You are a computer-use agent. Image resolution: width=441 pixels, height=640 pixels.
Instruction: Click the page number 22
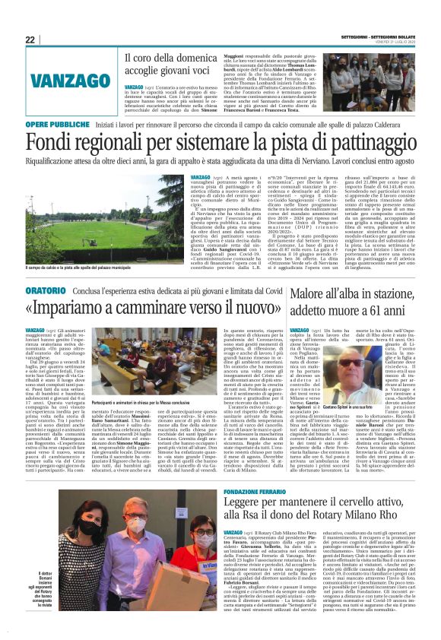pyautogui.click(x=30, y=40)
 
